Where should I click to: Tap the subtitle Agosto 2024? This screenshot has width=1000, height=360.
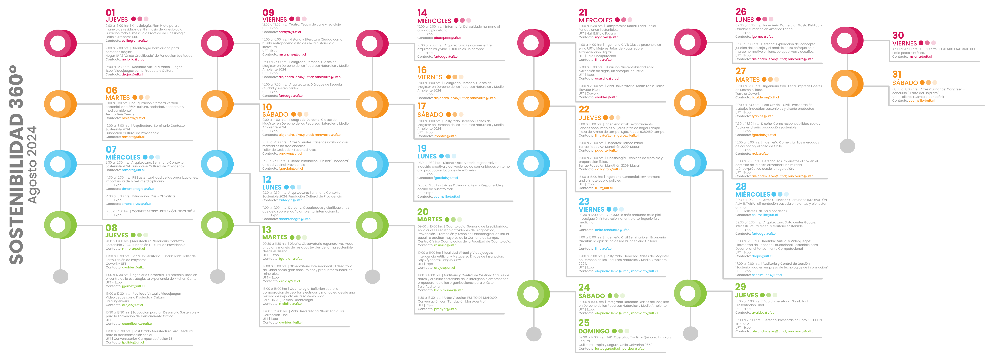(32, 165)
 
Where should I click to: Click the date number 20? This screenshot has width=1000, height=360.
(423, 212)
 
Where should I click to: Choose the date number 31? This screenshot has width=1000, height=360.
(897, 74)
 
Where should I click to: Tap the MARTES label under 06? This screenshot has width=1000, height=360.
(118, 98)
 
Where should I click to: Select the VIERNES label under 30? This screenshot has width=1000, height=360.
(904, 44)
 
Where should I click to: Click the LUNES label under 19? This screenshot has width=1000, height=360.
(427, 156)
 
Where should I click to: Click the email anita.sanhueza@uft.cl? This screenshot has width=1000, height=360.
(613, 230)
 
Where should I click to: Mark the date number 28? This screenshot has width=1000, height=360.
(741, 186)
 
